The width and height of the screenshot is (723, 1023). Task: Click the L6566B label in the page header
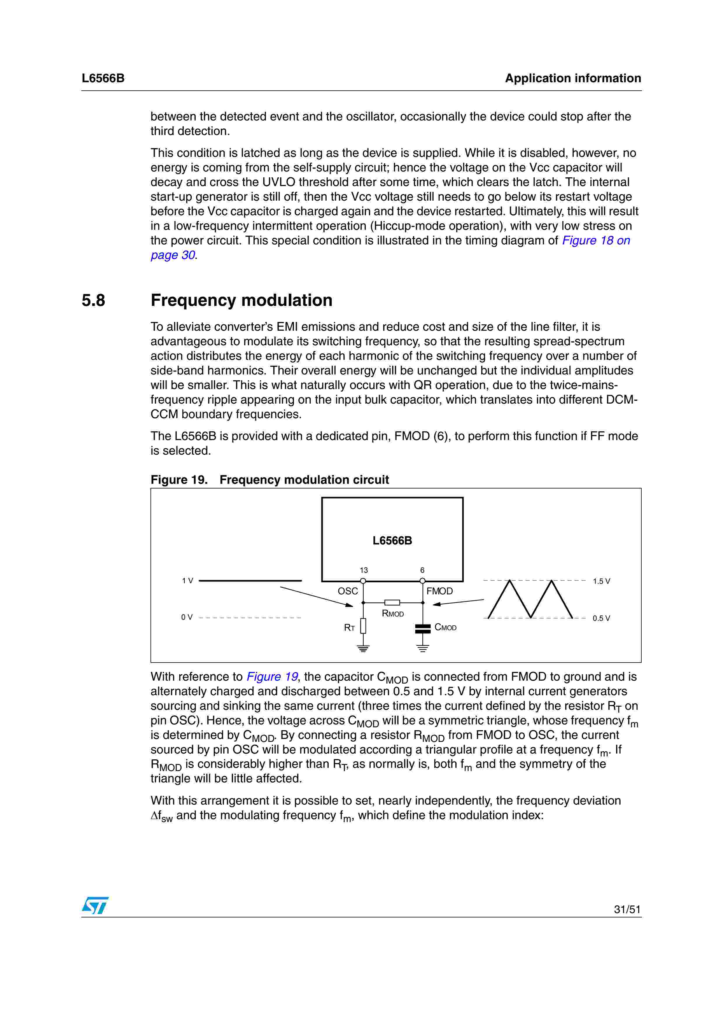coord(103,78)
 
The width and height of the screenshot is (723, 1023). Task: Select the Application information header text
coord(573,78)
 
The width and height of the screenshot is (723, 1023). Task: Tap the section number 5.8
coord(93,300)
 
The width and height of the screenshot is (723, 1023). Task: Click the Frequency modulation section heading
coord(241,300)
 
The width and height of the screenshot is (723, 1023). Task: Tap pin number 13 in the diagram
coord(363,570)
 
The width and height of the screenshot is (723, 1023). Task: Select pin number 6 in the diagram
coord(422,570)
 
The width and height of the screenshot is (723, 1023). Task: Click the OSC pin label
coord(347,591)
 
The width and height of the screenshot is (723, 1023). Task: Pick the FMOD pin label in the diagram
coord(439,591)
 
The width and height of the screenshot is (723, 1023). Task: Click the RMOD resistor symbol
coord(392,603)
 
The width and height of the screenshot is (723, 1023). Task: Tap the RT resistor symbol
coord(363,626)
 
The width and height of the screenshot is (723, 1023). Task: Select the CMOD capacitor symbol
coord(422,629)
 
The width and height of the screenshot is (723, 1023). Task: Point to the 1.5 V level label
coord(601,581)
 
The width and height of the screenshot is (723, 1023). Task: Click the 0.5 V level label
coord(601,619)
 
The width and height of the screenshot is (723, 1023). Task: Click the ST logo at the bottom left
coord(95,905)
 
